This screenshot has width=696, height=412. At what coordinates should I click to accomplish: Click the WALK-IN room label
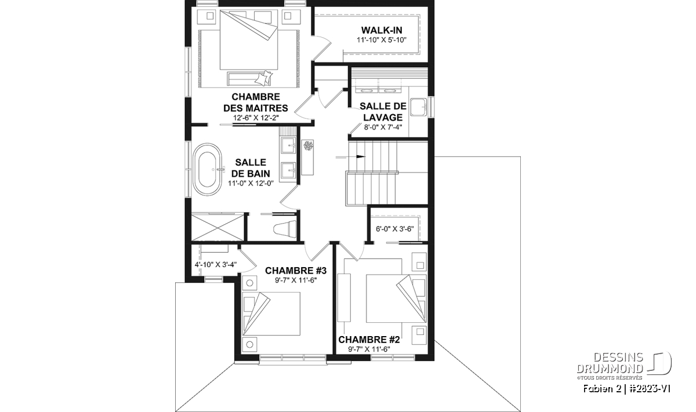(x=382, y=30)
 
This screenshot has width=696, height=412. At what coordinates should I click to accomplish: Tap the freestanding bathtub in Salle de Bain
(x=208, y=169)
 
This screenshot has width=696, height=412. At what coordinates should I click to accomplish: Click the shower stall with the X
(x=217, y=227)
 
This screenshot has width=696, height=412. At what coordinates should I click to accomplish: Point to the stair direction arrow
(x=350, y=157)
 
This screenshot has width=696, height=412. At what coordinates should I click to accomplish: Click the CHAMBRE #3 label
(x=295, y=271)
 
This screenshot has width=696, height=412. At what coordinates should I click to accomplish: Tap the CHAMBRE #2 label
(x=369, y=340)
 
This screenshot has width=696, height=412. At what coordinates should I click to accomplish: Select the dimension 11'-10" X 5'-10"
(x=382, y=40)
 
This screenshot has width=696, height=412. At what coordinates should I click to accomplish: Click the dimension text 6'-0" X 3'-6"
(x=394, y=229)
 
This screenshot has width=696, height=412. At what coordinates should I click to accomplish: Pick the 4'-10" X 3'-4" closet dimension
(x=216, y=264)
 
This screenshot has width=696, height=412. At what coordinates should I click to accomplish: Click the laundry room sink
(x=419, y=107)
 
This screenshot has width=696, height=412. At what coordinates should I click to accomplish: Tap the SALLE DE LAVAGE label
(x=383, y=112)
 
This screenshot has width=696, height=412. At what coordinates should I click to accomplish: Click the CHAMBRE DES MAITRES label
(x=256, y=103)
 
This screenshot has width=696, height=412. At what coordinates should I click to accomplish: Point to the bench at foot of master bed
(x=249, y=79)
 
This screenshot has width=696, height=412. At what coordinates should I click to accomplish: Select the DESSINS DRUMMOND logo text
(x=610, y=363)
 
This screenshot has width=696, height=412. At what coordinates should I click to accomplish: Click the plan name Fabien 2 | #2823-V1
(x=626, y=389)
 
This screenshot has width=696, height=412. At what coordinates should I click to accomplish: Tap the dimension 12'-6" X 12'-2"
(x=256, y=118)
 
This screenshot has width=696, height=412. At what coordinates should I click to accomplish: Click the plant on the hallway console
(x=308, y=145)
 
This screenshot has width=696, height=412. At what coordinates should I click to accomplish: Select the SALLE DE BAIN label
(x=251, y=167)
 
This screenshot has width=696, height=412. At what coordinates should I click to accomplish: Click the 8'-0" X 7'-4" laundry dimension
(x=383, y=127)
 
